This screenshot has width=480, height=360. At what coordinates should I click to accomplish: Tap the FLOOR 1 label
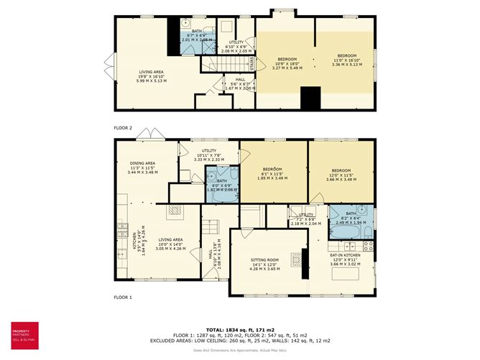123,297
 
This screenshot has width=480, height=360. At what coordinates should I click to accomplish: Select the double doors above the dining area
153,134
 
